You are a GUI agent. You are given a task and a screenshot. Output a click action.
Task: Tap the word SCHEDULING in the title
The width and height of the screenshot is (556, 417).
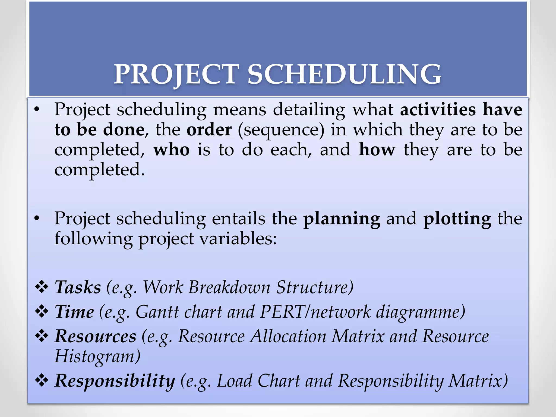[344, 74]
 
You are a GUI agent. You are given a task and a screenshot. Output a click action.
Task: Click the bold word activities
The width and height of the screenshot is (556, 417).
[438, 110]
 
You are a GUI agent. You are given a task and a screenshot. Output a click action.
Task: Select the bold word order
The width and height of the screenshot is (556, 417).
[209, 130]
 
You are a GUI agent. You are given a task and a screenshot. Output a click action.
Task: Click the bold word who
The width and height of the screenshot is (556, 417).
[171, 150]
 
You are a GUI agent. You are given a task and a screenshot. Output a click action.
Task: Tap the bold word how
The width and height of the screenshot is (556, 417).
[377, 150]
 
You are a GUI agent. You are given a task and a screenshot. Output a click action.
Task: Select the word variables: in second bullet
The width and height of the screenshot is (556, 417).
[238, 239]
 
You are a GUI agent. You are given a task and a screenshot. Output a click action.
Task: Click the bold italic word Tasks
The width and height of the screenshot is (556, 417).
[78, 287]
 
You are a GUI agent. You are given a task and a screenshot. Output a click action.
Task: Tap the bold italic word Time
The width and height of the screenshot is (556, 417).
[74, 312]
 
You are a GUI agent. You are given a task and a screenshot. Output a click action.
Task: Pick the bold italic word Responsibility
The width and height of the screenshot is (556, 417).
[115, 381]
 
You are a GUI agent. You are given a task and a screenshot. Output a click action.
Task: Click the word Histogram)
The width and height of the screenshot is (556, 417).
[97, 356]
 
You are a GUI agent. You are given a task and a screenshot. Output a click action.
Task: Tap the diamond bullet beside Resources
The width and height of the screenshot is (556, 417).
[42, 336]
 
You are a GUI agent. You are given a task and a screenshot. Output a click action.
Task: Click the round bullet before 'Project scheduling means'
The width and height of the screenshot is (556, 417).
[37, 110]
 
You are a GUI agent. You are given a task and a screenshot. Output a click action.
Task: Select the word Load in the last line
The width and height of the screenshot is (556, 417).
[235, 381]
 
